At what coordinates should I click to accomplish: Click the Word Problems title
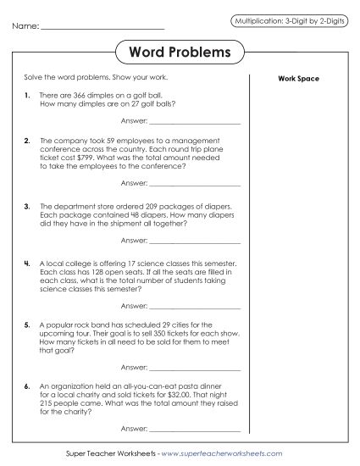click(180, 53)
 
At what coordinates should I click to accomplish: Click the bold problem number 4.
click(28, 264)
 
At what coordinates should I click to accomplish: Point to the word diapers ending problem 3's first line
click(215, 206)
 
